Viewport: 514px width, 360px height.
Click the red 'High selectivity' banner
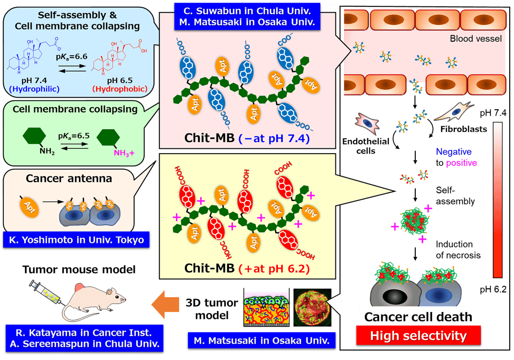click(418, 335)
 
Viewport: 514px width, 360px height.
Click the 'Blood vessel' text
click(471, 39)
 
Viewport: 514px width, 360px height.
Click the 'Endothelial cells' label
click(373, 145)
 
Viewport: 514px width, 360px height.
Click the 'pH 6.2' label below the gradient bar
click(496, 289)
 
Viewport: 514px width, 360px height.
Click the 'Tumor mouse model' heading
click(79, 269)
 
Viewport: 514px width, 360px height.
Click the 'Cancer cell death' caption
click(417, 317)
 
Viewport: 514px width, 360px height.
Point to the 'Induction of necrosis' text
click(457, 250)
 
